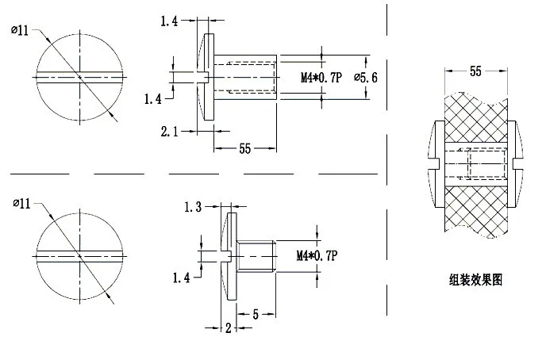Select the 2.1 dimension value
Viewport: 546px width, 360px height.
(168, 132)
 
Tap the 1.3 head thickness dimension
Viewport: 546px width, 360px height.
(193, 207)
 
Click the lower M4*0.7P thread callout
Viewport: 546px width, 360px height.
(317, 255)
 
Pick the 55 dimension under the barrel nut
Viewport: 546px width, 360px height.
(245, 148)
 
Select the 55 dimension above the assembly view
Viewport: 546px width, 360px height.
(475, 71)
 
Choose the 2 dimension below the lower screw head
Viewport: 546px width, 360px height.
(228, 327)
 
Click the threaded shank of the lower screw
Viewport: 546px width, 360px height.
(256, 255)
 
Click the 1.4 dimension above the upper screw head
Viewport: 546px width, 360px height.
(168, 21)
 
